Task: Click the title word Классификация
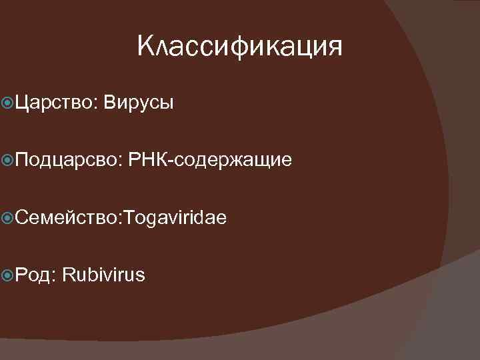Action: point(239,47)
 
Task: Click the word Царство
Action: point(55,103)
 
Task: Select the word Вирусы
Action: point(139,103)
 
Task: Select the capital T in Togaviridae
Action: point(121,217)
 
